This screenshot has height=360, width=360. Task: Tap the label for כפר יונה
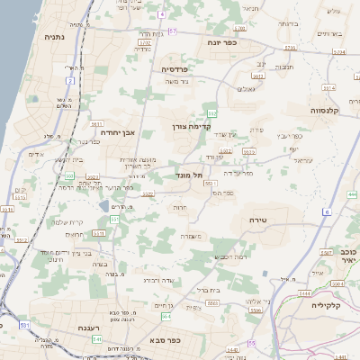pyautogui.click(x=220, y=41)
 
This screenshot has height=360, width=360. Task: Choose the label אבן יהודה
pyautogui.click(x=117, y=132)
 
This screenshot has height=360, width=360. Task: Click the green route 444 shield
pyautogui.click(x=352, y=193)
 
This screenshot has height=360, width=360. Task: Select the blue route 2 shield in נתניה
pyautogui.click(x=69, y=81)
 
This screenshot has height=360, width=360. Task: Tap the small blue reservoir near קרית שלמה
pyautogui.click(x=105, y=206)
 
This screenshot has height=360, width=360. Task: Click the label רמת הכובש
pyautogui.click(x=230, y=257)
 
